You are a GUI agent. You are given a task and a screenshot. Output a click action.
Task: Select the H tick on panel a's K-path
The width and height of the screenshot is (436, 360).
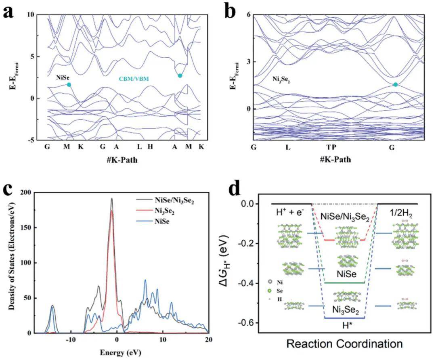[150, 147]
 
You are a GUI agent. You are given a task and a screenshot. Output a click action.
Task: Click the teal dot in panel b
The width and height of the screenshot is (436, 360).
[395, 84]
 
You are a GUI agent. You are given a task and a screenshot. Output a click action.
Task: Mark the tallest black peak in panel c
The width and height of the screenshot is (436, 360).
[112, 199]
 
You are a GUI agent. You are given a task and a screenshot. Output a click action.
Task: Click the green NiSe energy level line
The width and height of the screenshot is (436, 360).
[344, 283]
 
